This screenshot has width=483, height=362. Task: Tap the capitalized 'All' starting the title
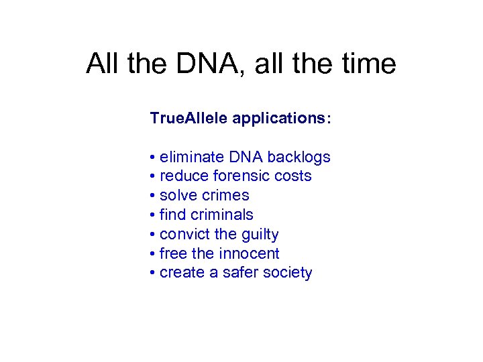tap(102, 64)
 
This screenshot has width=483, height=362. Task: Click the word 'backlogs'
tap(299, 157)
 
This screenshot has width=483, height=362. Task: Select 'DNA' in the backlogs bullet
tap(246, 157)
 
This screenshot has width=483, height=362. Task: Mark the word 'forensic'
tap(241, 176)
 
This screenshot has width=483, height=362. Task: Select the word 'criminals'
tap(221, 215)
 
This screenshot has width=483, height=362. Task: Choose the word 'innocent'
tap(250, 254)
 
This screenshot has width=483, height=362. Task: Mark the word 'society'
tap(289, 274)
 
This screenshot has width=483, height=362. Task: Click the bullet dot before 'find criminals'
tap(154, 215)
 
